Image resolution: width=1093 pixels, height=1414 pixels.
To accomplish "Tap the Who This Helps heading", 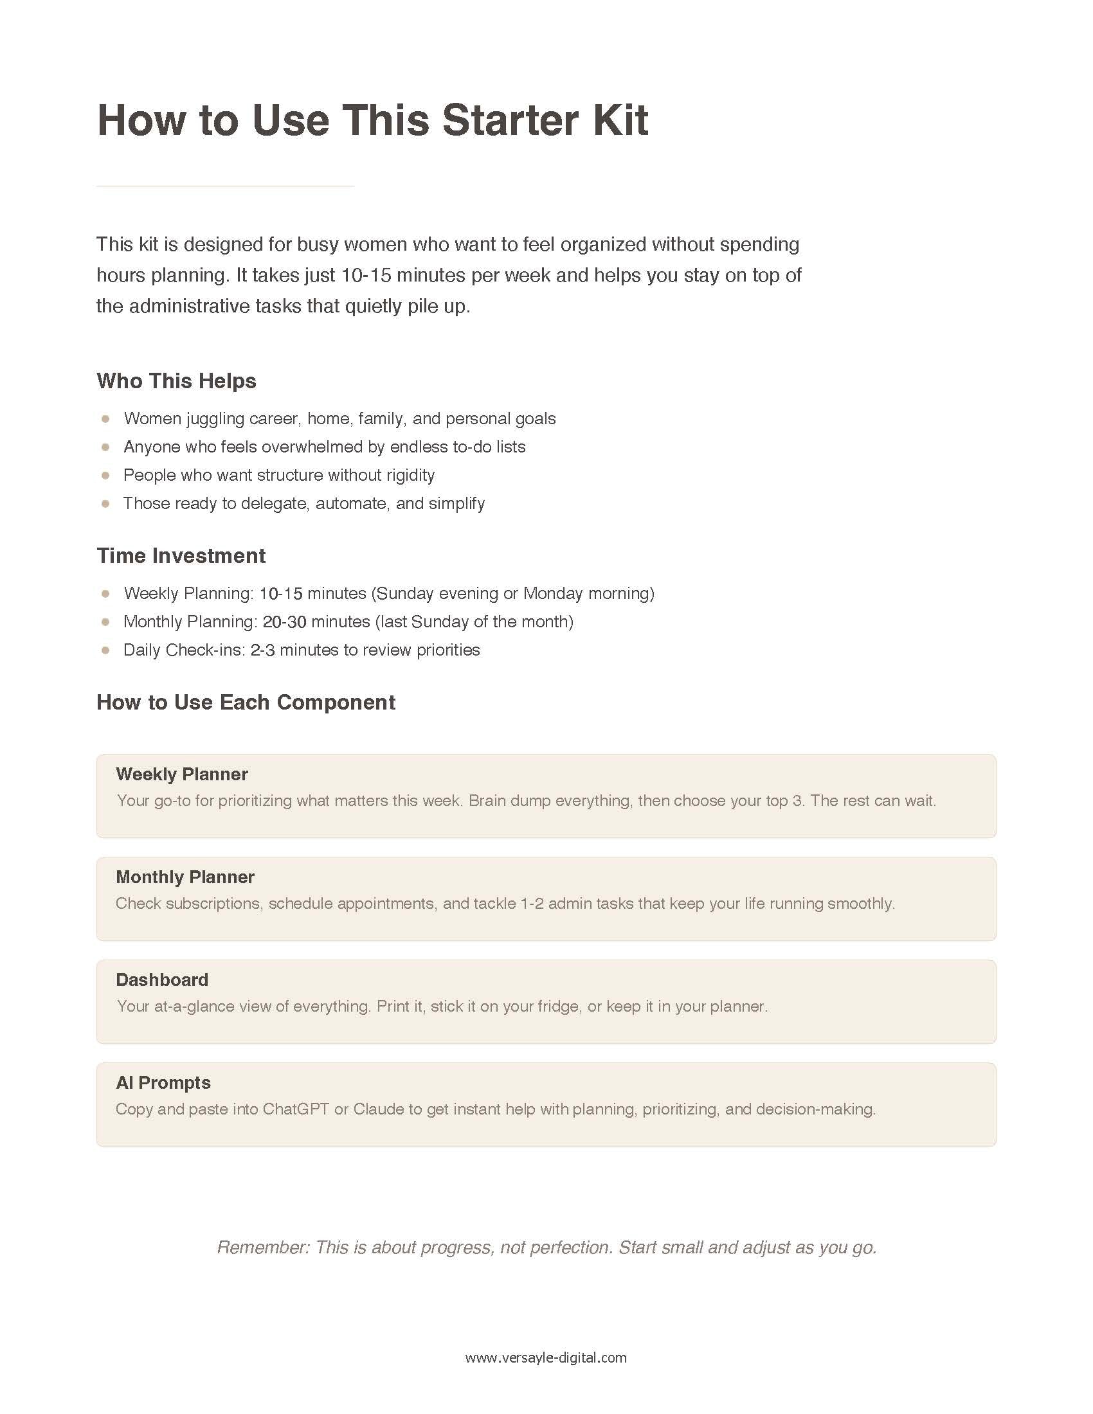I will point(176,380).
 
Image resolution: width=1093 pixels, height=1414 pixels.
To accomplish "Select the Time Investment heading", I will point(181,555).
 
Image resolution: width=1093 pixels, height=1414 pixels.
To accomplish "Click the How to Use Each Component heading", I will point(246,703).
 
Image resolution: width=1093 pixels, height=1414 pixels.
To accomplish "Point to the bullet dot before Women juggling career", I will point(105,419).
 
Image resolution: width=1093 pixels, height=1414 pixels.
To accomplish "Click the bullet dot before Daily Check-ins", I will point(105,650).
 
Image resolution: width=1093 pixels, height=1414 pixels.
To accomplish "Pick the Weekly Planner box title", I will point(182,774).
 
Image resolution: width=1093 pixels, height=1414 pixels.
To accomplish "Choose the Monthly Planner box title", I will point(185,877).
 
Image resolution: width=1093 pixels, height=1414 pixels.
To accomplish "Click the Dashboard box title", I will point(162,980).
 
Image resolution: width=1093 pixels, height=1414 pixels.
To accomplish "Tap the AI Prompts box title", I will point(163,1083).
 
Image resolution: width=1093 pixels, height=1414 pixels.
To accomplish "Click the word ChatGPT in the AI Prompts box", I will point(295,1110).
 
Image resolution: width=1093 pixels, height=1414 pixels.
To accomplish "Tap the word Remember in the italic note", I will point(262,1248).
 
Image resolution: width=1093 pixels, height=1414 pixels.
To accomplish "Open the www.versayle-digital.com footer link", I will point(546,1358).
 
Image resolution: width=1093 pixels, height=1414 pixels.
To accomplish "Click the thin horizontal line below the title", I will point(224,186).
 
